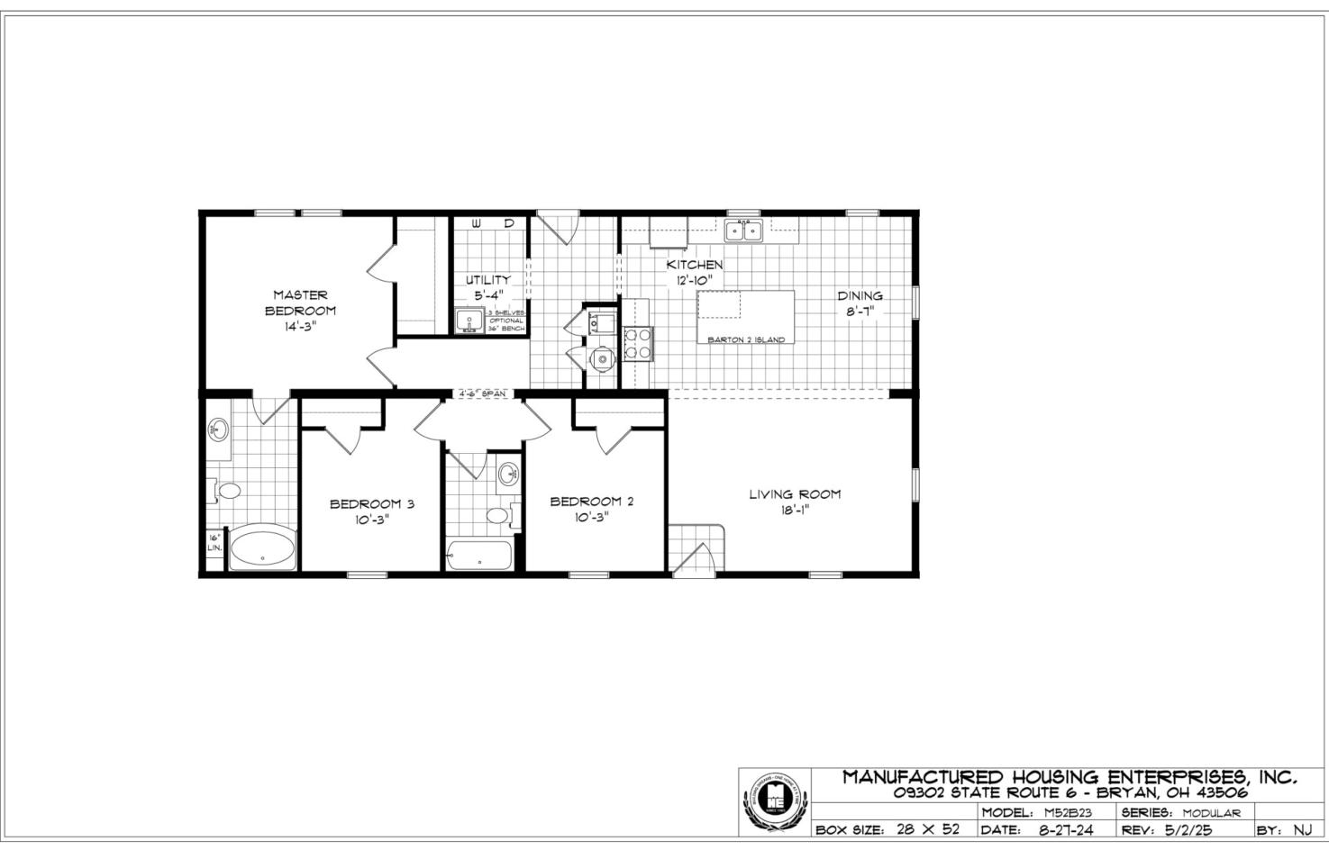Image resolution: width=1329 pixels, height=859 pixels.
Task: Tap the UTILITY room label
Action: pyautogui.click(x=487, y=279)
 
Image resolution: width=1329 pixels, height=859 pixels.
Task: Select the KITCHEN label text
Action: pyautogui.click(x=694, y=265)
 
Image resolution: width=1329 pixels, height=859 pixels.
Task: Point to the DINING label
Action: pyautogui.click(x=860, y=295)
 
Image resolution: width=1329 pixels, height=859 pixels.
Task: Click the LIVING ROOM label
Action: pyautogui.click(x=795, y=493)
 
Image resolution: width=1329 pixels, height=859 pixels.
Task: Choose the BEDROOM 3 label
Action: pyautogui.click(x=371, y=503)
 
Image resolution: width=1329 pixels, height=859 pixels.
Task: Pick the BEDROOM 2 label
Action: pyautogui.click(x=591, y=501)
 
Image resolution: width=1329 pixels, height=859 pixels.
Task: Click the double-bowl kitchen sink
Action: pyautogui.click(x=743, y=231)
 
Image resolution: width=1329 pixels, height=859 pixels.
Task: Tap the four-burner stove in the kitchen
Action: pyautogui.click(x=638, y=343)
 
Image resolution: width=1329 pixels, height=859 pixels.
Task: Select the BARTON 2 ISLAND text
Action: pyautogui.click(x=745, y=339)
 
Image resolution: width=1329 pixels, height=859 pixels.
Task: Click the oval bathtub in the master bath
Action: pyautogui.click(x=262, y=549)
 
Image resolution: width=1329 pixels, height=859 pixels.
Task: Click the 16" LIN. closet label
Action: pyautogui.click(x=214, y=543)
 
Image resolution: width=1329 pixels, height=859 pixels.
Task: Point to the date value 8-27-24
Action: pyautogui.click(x=1066, y=830)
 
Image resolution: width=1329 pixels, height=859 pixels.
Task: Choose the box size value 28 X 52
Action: pyautogui.click(x=928, y=830)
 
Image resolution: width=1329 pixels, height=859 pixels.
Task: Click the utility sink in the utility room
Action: pyautogui.click(x=469, y=321)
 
